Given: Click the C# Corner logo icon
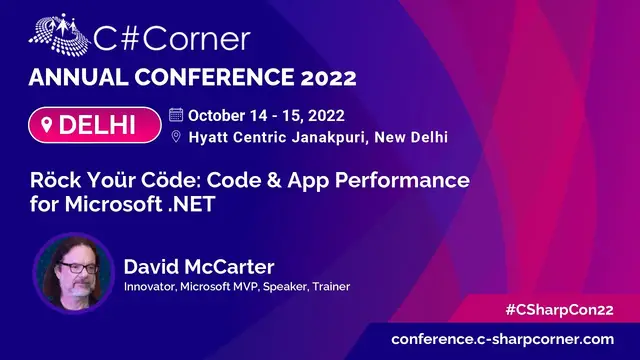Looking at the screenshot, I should click(58, 38).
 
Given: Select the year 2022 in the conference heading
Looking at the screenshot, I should click(321, 78).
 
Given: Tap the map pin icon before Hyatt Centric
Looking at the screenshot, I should click(176, 137).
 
